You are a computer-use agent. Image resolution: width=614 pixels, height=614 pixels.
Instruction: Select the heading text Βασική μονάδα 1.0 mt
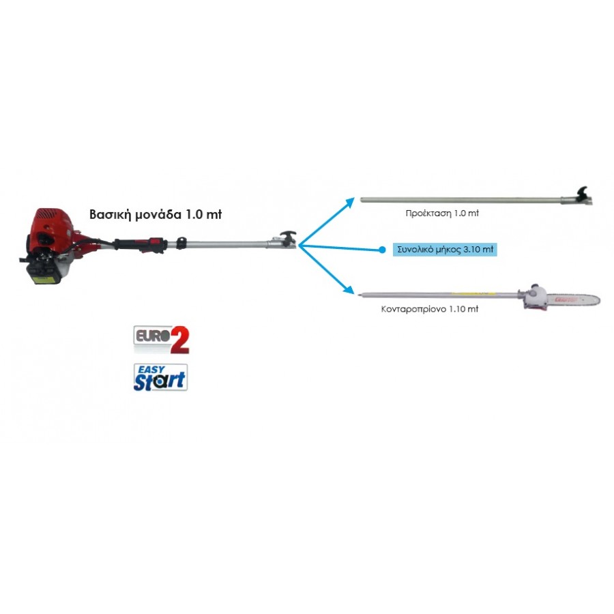(156, 215)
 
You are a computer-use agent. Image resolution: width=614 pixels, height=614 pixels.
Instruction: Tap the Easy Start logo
(160, 377)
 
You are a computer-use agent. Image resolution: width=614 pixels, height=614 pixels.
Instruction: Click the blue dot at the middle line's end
(382, 250)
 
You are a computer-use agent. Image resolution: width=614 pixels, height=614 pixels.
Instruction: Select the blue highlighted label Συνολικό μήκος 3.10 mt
(445, 250)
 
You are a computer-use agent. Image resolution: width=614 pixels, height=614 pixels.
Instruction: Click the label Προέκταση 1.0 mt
(442, 214)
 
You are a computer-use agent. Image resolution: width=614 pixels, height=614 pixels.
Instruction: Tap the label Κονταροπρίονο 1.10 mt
(430, 309)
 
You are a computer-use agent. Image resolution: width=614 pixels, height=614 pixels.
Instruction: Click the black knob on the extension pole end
(583, 192)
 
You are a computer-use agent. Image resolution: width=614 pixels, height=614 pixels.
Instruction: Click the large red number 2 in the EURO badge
(179, 340)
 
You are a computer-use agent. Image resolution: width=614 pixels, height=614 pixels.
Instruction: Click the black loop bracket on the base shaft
(181, 243)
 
